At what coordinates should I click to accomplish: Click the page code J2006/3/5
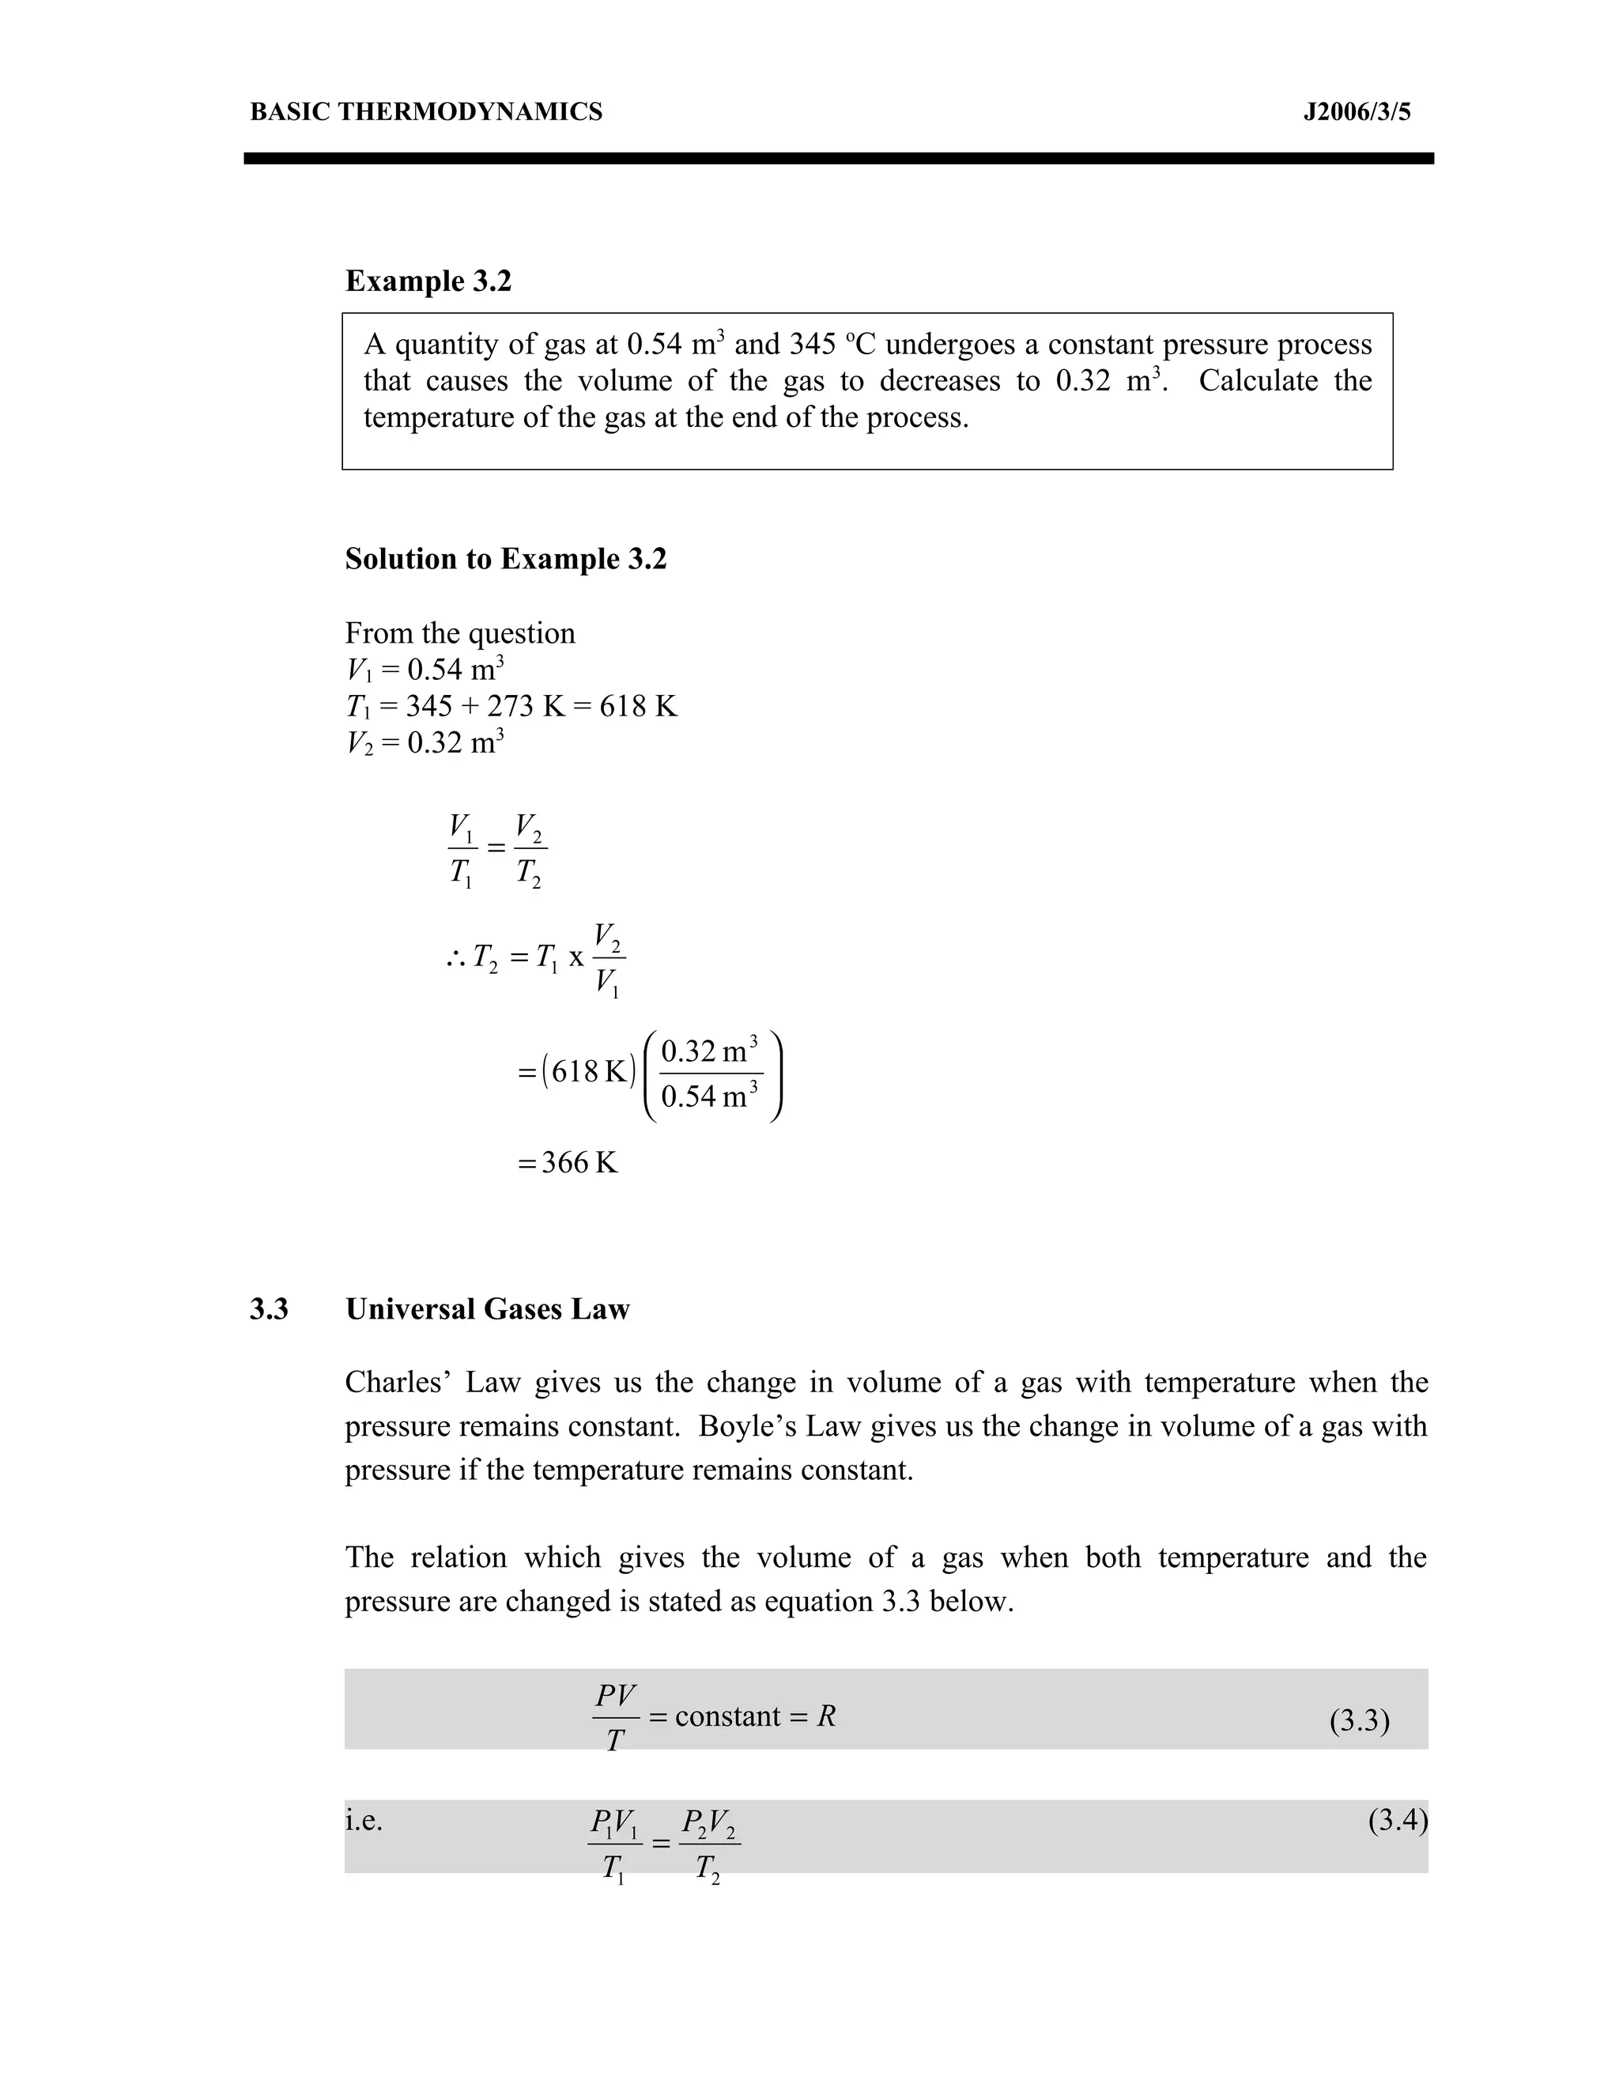coord(1357,112)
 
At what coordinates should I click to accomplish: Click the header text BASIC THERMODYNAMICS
coord(426,112)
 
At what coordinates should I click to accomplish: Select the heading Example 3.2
coord(428,281)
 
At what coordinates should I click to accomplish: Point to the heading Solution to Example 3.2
coord(505,558)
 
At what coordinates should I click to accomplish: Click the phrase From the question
coord(459,633)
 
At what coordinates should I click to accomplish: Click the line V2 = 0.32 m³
coord(424,742)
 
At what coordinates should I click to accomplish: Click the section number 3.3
coord(269,1309)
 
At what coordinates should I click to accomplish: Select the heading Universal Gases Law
coord(487,1309)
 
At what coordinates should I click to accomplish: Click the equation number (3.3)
coord(1359,1721)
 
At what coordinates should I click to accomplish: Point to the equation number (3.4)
coord(1398,1820)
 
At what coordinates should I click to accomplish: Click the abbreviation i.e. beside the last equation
coord(364,1820)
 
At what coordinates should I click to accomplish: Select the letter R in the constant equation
coord(826,1716)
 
